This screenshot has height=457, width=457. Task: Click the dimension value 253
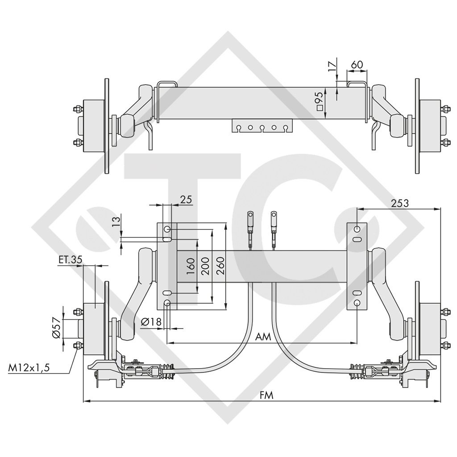click(x=399, y=203)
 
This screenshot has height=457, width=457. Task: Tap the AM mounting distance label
click(x=264, y=337)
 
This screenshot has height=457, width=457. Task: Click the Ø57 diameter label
click(x=56, y=328)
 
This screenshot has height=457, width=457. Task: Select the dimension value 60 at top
click(x=356, y=65)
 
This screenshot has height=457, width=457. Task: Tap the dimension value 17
click(x=331, y=67)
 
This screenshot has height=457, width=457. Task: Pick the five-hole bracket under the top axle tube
click(x=262, y=126)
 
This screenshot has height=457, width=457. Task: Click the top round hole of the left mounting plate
click(x=167, y=229)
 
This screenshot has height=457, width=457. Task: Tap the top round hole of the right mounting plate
click(x=357, y=229)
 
